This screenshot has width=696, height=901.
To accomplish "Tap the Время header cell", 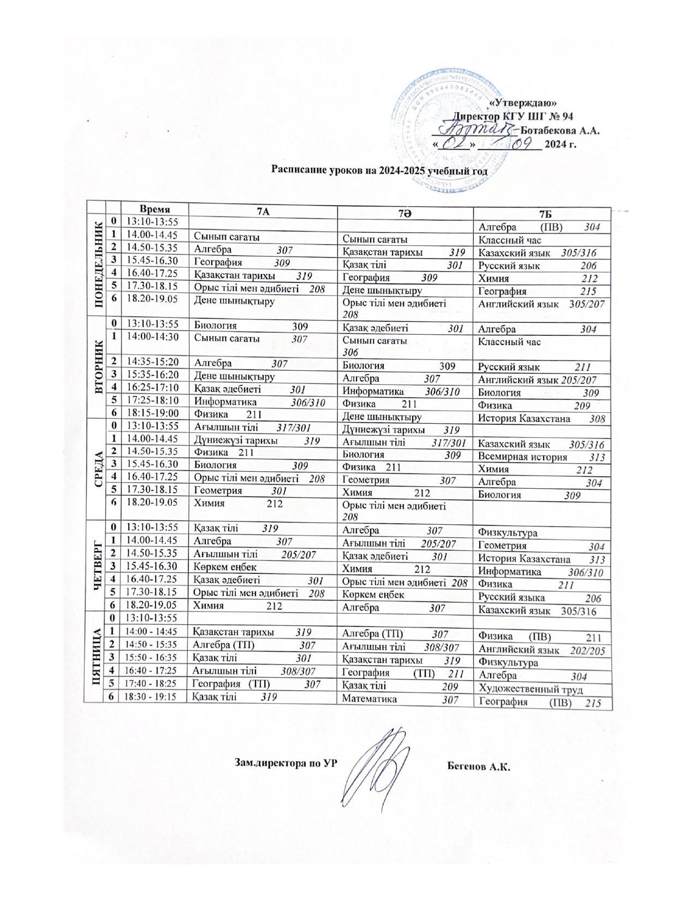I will (x=154, y=209).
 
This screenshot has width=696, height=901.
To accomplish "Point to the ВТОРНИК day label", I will (x=99, y=366).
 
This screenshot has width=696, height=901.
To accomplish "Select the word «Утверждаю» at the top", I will (x=522, y=102).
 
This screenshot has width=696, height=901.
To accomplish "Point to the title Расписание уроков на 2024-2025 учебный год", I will (x=379, y=170).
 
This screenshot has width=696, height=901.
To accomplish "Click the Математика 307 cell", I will (x=404, y=698).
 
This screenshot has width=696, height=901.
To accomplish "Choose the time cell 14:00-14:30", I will (x=153, y=337).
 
